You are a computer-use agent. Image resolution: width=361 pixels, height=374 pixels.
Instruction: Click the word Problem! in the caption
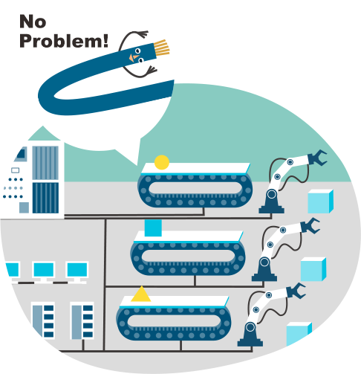tap(64, 41)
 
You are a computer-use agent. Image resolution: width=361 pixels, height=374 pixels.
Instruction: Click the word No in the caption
tap(33, 22)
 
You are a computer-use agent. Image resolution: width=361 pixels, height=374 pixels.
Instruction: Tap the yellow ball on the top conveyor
tap(162, 162)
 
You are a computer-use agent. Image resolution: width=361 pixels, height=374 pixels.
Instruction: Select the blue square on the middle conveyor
tap(153, 228)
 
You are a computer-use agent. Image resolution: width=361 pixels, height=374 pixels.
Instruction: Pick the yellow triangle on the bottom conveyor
tap(141, 295)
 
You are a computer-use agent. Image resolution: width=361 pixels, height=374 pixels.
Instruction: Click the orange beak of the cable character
tap(134, 57)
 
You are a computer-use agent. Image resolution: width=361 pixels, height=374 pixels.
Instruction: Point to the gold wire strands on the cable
tap(161, 48)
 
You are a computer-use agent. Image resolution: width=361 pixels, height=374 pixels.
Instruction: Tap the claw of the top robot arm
tap(317, 158)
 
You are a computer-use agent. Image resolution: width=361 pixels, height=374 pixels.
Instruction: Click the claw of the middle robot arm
tap(310, 225)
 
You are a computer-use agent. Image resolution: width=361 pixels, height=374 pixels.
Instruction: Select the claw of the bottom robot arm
tap(296, 291)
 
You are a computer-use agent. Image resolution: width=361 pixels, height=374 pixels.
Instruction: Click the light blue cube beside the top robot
tap(320, 201)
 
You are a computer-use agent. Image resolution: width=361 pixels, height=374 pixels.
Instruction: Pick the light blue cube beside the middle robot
tap(313, 269)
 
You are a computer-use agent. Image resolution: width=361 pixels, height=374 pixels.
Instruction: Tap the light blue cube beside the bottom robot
tap(299, 334)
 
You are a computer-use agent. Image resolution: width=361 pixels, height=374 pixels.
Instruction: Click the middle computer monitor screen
tap(44, 270)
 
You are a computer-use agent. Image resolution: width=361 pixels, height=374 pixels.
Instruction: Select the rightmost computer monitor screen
tap(77, 270)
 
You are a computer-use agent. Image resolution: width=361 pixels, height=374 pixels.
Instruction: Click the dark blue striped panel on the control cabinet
tap(45, 198)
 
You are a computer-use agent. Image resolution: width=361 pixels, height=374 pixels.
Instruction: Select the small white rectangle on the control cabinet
tap(16, 170)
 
